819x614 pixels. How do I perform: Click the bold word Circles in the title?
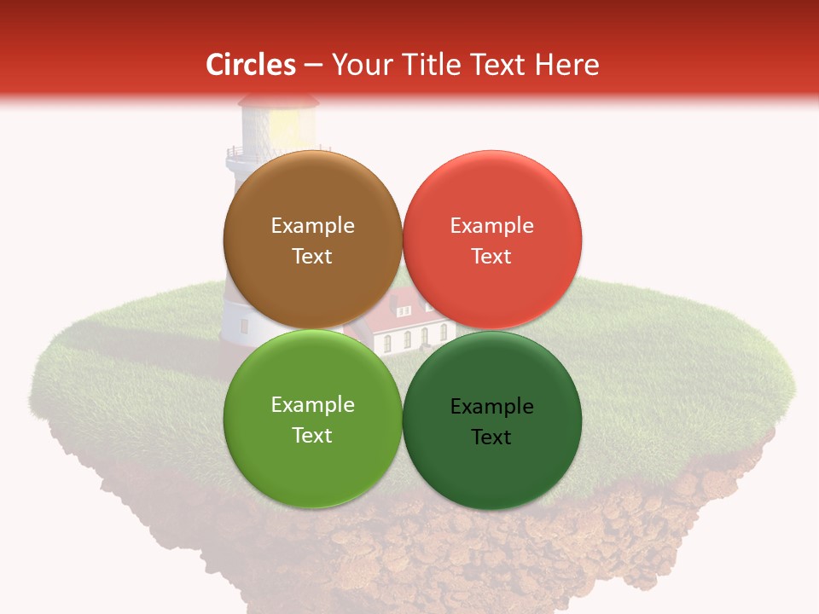tap(251, 65)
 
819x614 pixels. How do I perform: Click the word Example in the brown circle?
tap(312, 226)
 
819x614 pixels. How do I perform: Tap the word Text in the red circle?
tap(491, 257)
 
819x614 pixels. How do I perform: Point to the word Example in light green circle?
tap(312, 405)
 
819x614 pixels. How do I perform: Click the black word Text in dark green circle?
tap(491, 437)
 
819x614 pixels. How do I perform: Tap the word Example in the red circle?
tap(491, 226)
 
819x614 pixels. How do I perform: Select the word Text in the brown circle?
tap(312, 257)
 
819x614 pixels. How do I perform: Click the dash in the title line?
tap(313, 66)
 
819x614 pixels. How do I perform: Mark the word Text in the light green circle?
tap(312, 436)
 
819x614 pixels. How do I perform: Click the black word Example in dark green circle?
tap(491, 407)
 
